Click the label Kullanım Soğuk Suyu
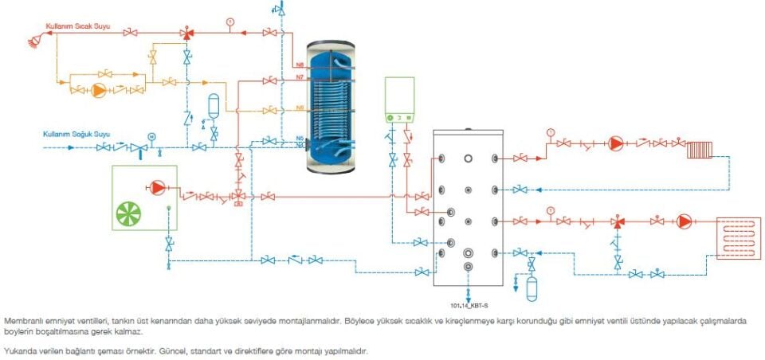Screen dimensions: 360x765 coord(76,134)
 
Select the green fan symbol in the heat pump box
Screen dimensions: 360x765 coord(131,213)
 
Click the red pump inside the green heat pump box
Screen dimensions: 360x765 coord(156,188)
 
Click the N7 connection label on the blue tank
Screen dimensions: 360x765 coord(300,77)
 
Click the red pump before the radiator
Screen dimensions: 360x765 coord(617,145)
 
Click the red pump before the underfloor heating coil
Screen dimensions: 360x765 coord(684,221)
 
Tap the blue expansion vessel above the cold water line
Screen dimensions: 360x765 coord(213,106)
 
